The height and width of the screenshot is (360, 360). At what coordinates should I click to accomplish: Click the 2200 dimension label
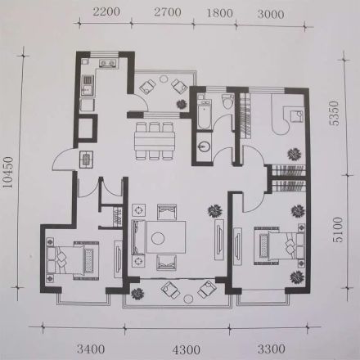106,12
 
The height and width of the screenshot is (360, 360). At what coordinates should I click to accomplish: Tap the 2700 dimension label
168,12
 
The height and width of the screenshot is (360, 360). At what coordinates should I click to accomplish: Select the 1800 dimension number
220,13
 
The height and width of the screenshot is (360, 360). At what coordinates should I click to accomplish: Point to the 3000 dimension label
271,14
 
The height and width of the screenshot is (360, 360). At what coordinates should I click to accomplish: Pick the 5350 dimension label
334,113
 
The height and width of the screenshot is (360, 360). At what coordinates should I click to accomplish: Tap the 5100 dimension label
338,230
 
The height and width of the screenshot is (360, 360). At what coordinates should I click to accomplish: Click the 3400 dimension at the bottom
91,349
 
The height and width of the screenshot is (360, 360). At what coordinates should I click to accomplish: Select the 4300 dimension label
187,349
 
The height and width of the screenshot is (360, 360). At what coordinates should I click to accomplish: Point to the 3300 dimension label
272,349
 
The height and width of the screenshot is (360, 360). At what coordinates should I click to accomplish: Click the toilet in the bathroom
227,101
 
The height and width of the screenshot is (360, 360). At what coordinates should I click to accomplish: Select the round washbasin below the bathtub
204,146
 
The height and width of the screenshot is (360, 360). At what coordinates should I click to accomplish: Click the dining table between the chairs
155,141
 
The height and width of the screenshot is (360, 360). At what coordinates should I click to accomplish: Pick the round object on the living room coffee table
158,238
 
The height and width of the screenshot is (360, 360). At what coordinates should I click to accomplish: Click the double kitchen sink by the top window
108,63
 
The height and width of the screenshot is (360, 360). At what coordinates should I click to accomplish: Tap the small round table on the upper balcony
164,79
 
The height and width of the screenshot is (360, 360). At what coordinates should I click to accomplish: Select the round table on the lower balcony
188,299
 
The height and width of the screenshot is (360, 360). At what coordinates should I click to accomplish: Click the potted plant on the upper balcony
182,105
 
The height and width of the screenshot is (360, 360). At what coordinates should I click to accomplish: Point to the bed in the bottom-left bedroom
72,260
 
